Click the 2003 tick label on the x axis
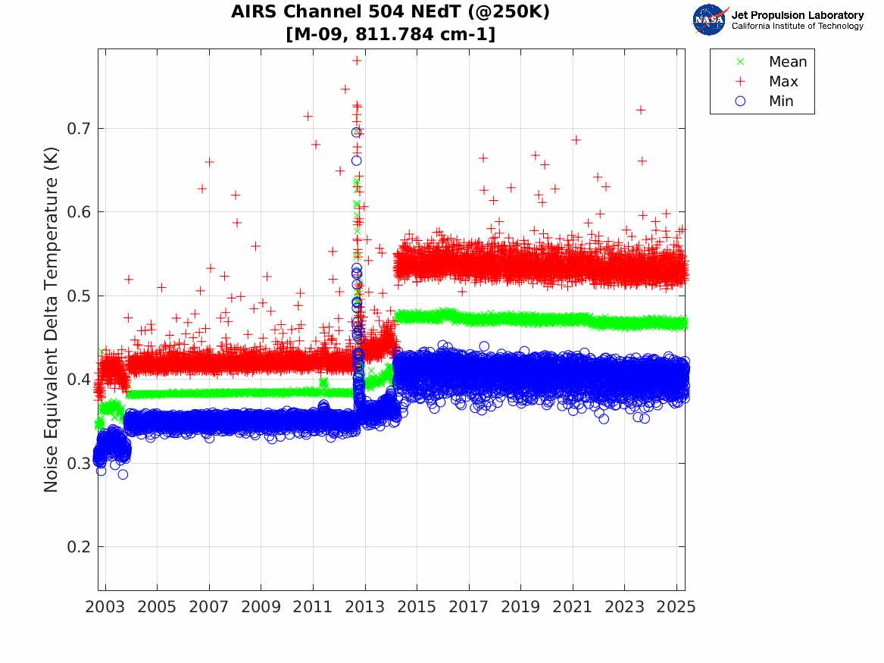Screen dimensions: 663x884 [105, 607]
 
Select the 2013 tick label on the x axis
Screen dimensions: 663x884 [365, 607]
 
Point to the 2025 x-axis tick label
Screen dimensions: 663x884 [676, 607]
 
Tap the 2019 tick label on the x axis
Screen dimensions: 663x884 [521, 607]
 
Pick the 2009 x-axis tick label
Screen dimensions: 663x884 [261, 607]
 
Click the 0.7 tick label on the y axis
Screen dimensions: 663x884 [79, 128]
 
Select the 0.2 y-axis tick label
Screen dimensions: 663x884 [79, 546]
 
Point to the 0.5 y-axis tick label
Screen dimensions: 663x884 [79, 296]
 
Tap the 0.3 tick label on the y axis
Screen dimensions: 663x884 [79, 463]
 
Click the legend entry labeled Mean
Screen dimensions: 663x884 [788, 62]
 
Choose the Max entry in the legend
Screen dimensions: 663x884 [783, 82]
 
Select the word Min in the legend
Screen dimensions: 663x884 [782, 102]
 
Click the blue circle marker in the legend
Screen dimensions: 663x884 [740, 102]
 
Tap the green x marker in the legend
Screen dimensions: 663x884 [740, 62]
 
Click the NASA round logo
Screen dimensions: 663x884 [709, 20]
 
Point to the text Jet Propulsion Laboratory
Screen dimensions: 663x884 [797, 15]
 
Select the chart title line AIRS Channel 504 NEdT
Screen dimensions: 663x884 [391, 13]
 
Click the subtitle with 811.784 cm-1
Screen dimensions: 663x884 [391, 34]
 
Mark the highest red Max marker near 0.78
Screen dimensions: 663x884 [357, 60]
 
